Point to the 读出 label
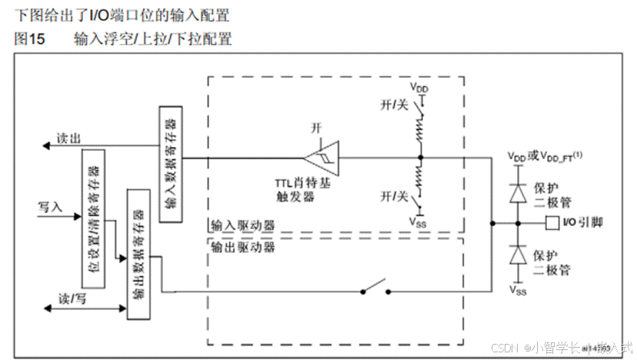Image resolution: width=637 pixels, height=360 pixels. point(69,138)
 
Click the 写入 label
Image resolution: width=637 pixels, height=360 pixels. point(49,207)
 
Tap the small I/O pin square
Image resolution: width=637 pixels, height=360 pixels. point(549,224)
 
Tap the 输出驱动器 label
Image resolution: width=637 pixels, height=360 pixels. point(244,248)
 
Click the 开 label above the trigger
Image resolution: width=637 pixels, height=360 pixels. point(315,126)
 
